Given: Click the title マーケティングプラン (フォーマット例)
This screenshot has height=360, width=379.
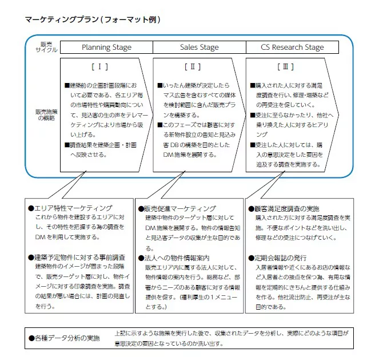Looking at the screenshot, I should tap(93, 19).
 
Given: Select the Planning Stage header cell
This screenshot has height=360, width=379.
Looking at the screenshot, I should tap(106, 48).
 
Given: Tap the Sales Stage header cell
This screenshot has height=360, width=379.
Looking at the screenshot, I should tap(199, 48).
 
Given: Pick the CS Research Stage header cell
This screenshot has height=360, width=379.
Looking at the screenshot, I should tap(292, 48).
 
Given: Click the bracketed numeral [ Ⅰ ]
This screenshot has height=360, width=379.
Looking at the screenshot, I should tap(99, 67).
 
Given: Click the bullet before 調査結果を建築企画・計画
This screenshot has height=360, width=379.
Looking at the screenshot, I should tap(67, 145).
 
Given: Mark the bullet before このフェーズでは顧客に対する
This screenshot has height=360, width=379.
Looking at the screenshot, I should tap(159, 125).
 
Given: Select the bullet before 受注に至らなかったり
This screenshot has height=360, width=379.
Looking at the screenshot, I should tap(253, 114).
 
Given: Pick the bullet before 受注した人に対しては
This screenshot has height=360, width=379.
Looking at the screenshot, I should tap(253, 145).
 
